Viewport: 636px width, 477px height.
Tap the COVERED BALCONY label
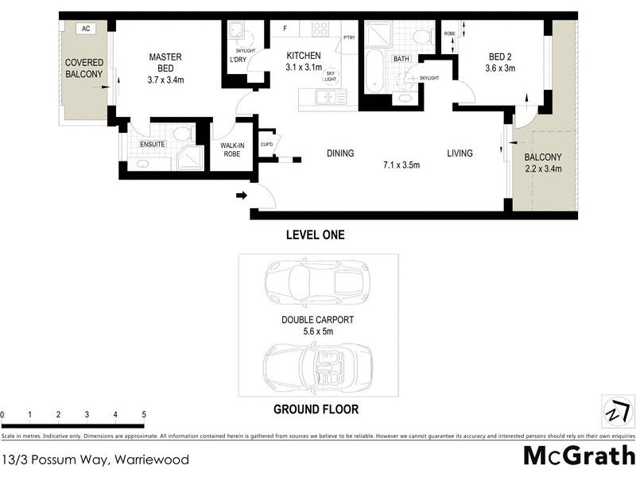click(84, 68)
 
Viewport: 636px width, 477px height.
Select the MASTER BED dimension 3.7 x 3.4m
click(166, 79)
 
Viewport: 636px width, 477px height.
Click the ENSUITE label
click(152, 145)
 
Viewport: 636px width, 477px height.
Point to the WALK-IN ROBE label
click(232, 150)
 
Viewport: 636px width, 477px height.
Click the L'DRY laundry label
click(237, 60)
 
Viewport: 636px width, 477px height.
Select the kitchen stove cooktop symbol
click(320, 29)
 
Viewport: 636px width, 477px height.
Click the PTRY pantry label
click(349, 37)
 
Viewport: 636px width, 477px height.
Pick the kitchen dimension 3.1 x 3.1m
click(304, 68)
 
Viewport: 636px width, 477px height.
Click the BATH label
click(401, 59)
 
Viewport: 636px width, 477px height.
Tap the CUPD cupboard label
click(266, 144)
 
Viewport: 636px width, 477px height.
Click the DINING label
click(339, 153)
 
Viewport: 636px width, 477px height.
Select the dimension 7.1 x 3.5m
click(401, 165)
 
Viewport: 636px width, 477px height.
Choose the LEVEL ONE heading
click(315, 235)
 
